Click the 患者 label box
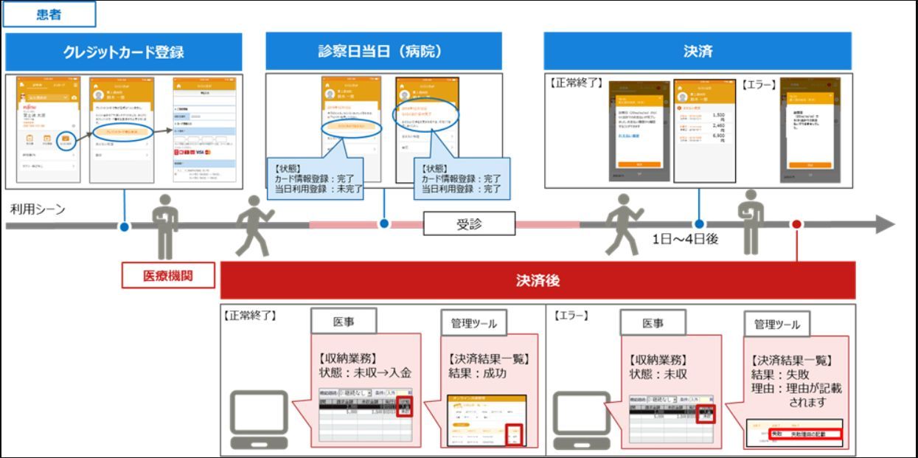49,14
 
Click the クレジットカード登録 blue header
123,52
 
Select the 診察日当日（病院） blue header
383,52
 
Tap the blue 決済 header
698,52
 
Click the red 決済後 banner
538,280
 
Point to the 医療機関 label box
168,276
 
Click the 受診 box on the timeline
468,223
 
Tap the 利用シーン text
38,209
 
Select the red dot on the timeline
796,224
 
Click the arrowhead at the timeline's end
884,224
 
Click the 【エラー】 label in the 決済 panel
759,85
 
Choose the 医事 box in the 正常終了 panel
344,322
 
